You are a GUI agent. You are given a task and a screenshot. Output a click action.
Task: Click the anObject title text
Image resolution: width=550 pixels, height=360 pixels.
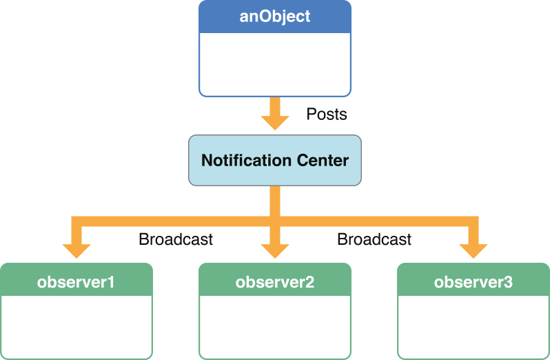click(275, 17)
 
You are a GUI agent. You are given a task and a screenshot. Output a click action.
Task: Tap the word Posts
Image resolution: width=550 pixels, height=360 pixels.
click(327, 114)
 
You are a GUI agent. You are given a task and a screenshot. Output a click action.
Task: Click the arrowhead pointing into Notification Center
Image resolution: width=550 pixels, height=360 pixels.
click(275, 122)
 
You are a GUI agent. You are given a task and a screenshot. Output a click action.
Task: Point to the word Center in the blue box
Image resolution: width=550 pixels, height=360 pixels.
click(323, 161)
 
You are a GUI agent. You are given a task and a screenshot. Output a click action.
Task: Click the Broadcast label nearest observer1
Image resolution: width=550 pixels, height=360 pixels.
click(176, 239)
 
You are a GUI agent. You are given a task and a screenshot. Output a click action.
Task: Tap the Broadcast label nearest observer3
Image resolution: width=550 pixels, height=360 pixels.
click(374, 239)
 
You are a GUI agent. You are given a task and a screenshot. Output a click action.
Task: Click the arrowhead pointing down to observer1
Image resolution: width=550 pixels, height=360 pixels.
click(77, 250)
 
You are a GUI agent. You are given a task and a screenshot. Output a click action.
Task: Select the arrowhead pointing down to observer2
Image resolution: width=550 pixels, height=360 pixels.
click(275, 250)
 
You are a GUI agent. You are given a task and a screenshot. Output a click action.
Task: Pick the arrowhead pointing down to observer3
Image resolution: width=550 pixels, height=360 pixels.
click(473, 250)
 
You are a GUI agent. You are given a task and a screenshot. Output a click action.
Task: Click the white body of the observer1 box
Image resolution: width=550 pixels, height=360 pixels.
click(77, 327)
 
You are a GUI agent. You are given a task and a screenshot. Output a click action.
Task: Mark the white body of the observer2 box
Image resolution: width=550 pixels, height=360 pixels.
click(275, 327)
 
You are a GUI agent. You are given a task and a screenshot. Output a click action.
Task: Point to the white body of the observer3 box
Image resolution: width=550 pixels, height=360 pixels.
click(473, 327)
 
